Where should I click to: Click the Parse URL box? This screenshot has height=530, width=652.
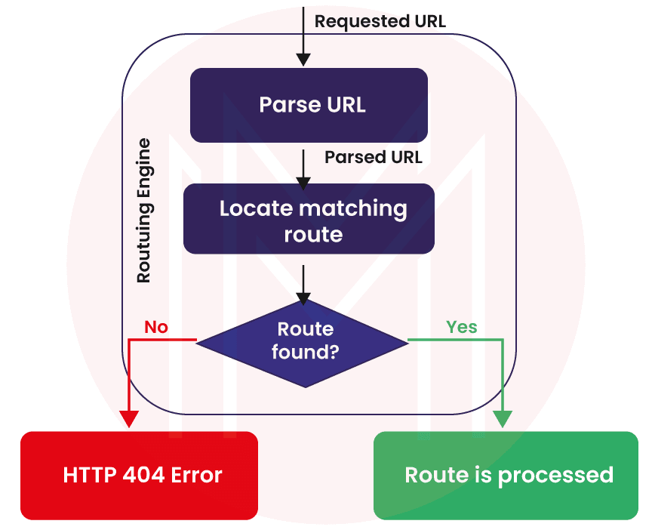pyautogui.click(x=309, y=105)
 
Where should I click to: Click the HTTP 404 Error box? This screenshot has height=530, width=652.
pyautogui.click(x=139, y=475)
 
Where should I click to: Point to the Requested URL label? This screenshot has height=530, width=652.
pyautogui.click(x=380, y=21)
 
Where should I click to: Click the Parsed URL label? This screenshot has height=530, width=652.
pyautogui.click(x=373, y=157)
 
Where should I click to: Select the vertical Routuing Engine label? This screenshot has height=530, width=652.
pyautogui.click(x=143, y=211)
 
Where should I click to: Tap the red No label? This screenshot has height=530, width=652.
pyautogui.click(x=155, y=327)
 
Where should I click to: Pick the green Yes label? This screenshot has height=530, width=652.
pyautogui.click(x=461, y=327)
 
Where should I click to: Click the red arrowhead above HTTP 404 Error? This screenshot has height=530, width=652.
pyautogui.click(x=129, y=418)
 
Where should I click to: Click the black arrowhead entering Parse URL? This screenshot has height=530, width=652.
pyautogui.click(x=303, y=59)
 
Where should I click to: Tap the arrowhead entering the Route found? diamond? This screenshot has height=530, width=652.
pyautogui.click(x=303, y=297)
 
